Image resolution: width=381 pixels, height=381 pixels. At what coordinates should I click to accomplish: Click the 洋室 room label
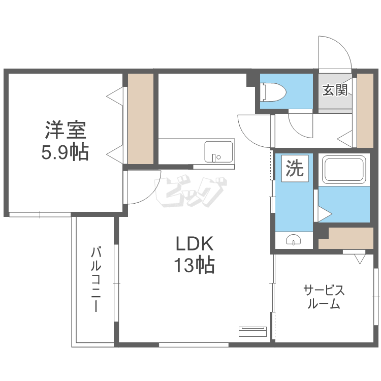click(65, 130)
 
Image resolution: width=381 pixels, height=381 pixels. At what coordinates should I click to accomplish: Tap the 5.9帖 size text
click(65, 152)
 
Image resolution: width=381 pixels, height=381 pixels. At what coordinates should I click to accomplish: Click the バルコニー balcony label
click(95, 279)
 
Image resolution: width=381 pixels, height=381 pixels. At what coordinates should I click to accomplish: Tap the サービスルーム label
click(324, 297)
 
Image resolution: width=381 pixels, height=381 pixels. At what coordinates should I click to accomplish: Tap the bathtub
click(344, 170)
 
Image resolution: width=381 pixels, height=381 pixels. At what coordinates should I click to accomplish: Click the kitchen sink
click(218, 151)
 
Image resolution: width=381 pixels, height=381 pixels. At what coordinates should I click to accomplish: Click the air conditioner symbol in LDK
click(252, 331)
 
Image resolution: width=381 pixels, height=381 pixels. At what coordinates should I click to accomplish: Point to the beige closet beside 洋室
click(140, 119)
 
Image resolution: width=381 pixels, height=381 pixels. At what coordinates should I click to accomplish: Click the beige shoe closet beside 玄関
click(365, 111)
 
